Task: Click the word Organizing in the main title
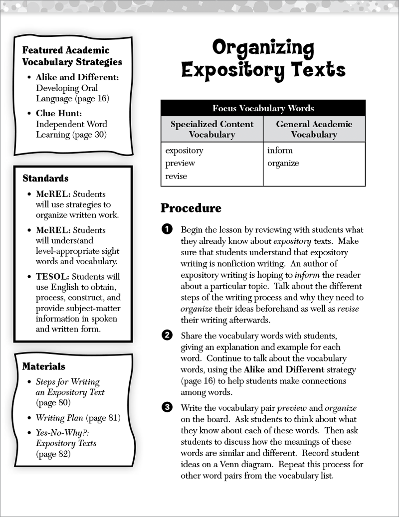click(x=263, y=49)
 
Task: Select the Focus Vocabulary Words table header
click(x=263, y=108)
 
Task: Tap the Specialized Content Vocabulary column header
click(x=212, y=129)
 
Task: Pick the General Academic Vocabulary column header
click(x=314, y=129)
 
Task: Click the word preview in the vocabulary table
click(x=180, y=163)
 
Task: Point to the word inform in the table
click(x=280, y=150)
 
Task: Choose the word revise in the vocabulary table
click(x=176, y=176)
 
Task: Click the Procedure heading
click(x=191, y=208)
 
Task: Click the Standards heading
click(x=45, y=178)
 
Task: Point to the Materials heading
click(x=43, y=366)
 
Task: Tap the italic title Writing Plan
click(x=59, y=418)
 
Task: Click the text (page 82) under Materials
click(x=53, y=454)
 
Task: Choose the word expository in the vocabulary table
click(x=184, y=150)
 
